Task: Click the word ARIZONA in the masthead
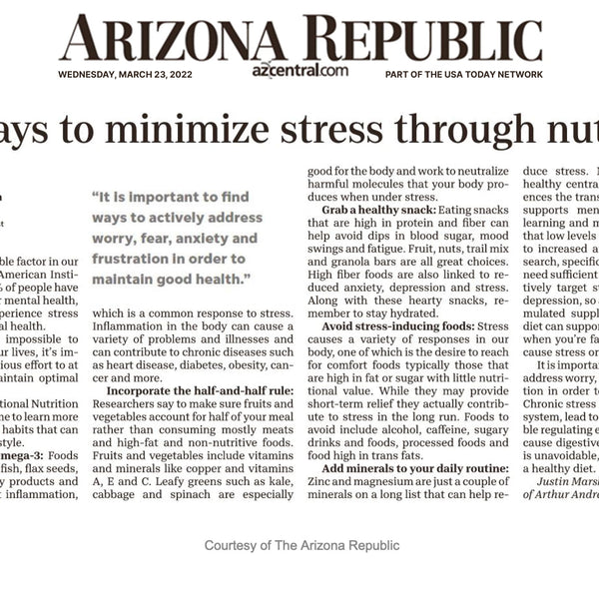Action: point(164,39)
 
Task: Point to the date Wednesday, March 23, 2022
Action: point(125,74)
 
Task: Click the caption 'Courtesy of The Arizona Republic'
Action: point(301,545)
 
